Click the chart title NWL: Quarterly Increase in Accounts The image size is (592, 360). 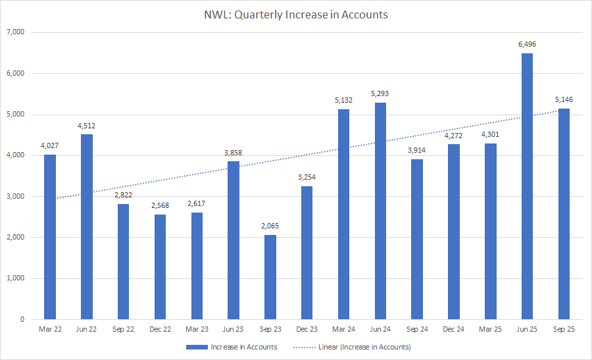(x=296, y=14)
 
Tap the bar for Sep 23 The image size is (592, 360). (x=270, y=277)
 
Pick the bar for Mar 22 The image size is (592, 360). (x=50, y=237)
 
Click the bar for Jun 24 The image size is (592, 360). (x=380, y=211)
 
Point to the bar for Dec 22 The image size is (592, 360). (x=160, y=267)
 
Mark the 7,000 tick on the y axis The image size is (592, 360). (x=14, y=32)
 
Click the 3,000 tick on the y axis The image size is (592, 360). (x=14, y=196)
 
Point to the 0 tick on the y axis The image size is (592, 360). (x=22, y=319)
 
